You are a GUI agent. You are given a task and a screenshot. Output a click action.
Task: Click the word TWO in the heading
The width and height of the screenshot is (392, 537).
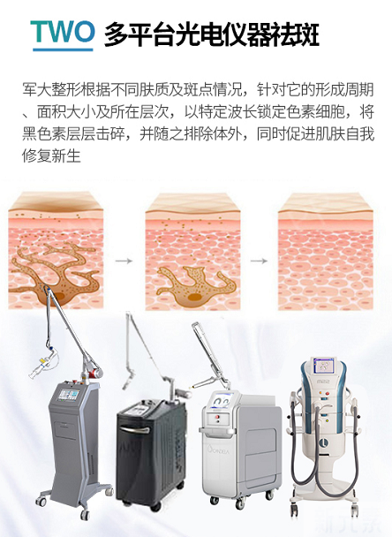click(63, 32)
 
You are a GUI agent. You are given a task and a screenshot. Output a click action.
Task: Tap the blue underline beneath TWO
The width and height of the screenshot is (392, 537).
click(63, 49)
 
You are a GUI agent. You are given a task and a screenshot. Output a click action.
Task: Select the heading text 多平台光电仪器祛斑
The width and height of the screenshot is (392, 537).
click(212, 34)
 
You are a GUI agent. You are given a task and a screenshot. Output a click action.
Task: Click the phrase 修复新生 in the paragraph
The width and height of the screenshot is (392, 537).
click(51, 155)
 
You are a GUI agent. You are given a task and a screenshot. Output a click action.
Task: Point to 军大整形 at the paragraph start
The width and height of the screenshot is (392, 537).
click(51, 90)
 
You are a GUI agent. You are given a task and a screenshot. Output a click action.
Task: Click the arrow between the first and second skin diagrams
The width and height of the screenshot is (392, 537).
click(124, 261)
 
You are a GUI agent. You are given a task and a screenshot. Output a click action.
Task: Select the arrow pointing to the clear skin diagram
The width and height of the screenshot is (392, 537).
click(259, 261)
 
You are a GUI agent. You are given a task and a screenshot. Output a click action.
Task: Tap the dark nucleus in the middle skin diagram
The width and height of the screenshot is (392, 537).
click(193, 298)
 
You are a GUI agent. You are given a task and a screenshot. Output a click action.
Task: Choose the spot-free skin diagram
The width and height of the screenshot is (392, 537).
click(325, 252)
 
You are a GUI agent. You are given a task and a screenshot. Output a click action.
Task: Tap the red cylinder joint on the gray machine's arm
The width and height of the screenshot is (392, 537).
click(94, 372)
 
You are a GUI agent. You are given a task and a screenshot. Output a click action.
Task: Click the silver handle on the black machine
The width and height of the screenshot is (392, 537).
click(136, 429)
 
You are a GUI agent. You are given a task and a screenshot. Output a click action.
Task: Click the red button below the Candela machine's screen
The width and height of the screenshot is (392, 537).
click(216, 418)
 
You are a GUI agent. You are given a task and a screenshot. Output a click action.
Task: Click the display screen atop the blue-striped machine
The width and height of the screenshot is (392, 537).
click(322, 366)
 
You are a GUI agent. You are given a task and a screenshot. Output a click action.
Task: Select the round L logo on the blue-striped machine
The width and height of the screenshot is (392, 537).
click(323, 443)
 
